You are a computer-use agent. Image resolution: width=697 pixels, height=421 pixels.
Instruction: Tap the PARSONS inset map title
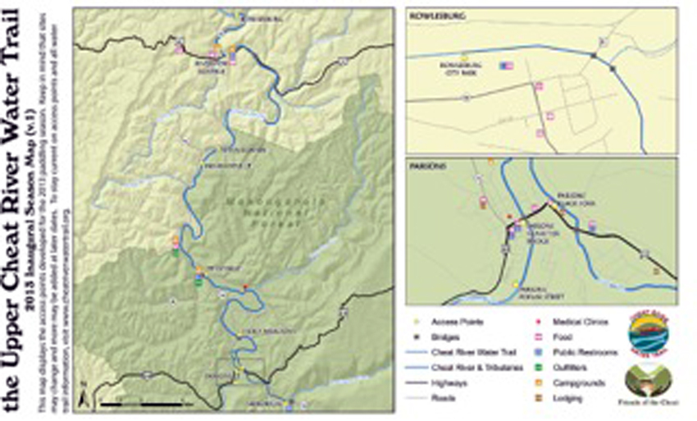tap(425, 165)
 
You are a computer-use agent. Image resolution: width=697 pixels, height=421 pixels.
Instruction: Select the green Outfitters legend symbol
tap(538, 367)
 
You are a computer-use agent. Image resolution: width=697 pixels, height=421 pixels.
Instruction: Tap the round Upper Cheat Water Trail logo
tap(647, 333)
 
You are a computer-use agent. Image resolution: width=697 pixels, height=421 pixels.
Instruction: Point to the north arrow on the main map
tap(84, 398)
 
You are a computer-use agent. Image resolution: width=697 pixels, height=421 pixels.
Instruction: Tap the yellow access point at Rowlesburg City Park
tap(464, 58)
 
